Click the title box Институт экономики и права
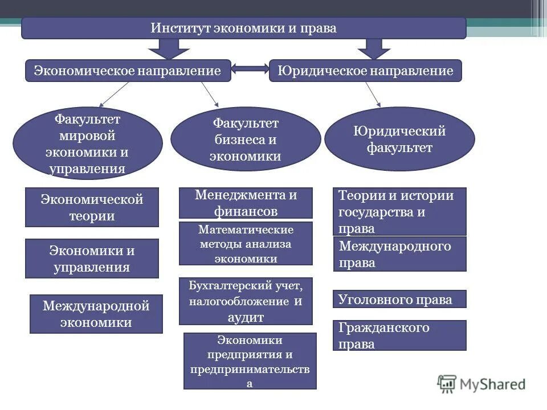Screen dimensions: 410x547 pyautogui.click(x=243, y=28)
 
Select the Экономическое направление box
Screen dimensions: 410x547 pyautogui.click(x=128, y=71)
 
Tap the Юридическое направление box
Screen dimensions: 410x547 pyautogui.click(x=365, y=71)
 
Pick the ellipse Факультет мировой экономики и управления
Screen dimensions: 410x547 pyautogui.click(x=88, y=143)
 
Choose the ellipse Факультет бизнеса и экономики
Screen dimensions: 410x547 pyautogui.click(x=246, y=140)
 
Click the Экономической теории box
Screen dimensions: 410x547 pyautogui.click(x=92, y=208)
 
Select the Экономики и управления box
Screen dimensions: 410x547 pyautogui.click(x=92, y=259)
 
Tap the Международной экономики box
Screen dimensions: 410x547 pyautogui.click(x=96, y=314)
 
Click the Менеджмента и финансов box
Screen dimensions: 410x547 pyautogui.click(x=246, y=203)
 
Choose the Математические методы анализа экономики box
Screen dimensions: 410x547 pyautogui.click(x=246, y=244)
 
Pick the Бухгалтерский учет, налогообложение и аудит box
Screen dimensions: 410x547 pyautogui.click(x=246, y=301)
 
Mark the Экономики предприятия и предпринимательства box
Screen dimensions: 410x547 pyautogui.click(x=250, y=361)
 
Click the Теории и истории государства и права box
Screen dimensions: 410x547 pyautogui.click(x=399, y=211)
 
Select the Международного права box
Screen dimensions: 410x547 pyautogui.click(x=399, y=254)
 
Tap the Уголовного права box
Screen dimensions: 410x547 pyautogui.click(x=399, y=299)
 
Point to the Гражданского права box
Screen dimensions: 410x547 pyautogui.click(x=399, y=335)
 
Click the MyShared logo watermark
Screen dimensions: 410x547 pyautogui.click(x=481, y=384)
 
